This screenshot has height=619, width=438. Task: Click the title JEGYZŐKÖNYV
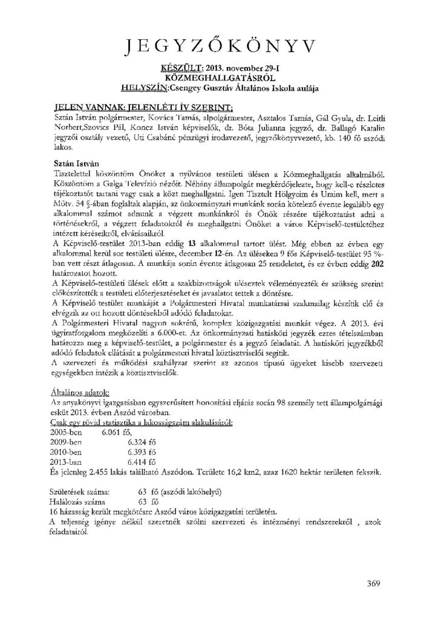pos(219,46)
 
